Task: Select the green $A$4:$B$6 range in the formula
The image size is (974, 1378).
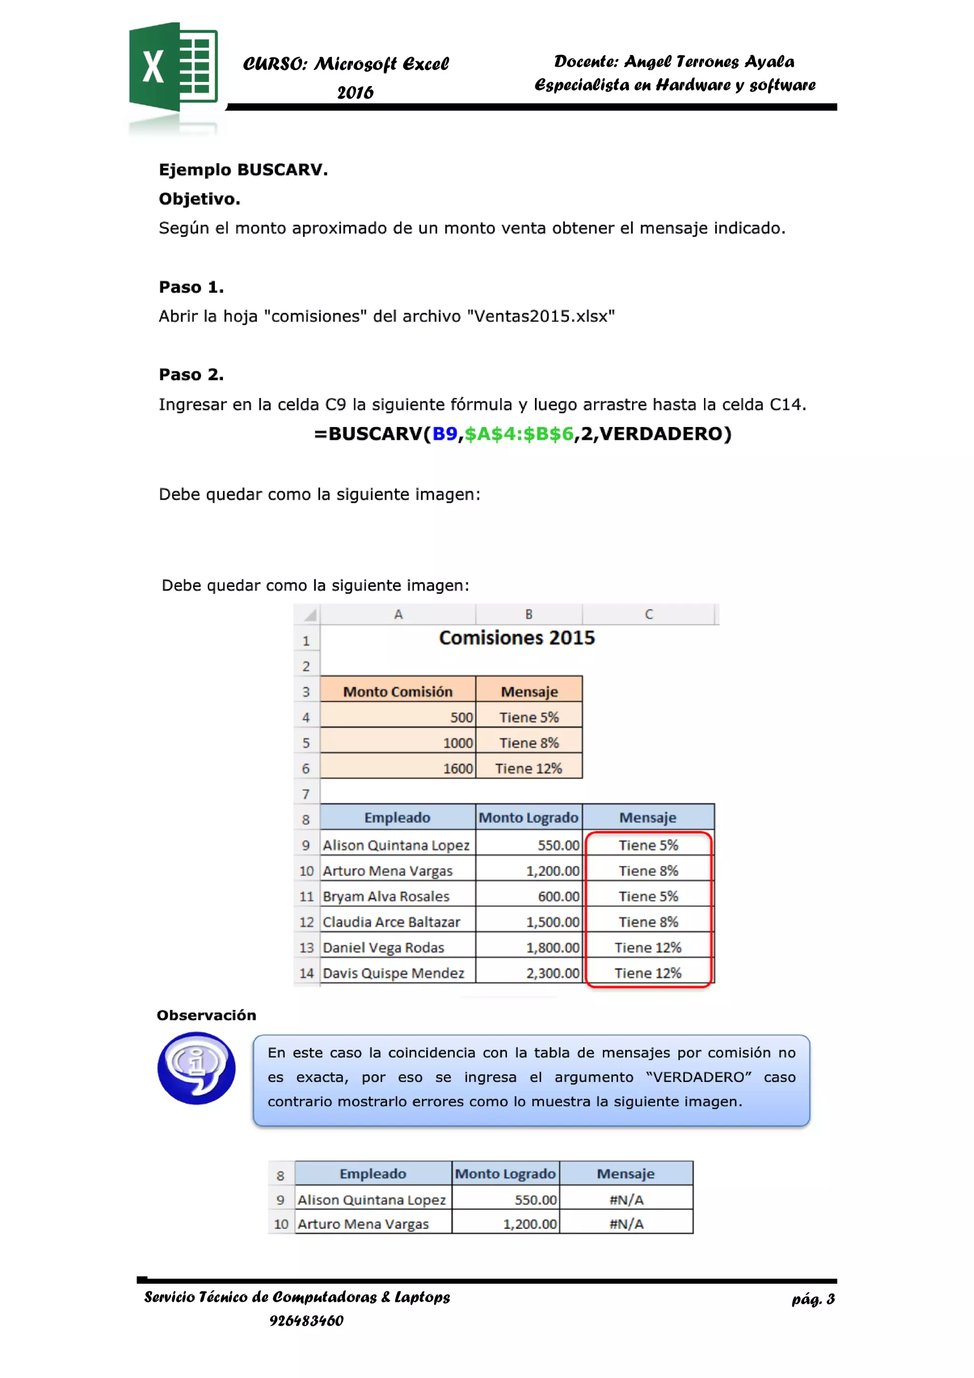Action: point(519,434)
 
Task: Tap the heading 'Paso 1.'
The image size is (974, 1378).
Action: point(191,287)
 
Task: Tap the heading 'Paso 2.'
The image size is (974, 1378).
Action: point(191,375)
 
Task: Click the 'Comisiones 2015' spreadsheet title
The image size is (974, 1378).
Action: point(516,637)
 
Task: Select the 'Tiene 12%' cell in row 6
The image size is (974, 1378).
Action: point(528,769)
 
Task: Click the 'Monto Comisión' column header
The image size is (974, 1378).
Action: point(398,692)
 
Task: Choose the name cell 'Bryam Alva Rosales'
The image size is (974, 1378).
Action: point(386,897)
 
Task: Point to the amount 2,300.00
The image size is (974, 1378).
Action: point(552,973)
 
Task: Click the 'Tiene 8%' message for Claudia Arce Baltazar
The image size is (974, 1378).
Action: point(648,922)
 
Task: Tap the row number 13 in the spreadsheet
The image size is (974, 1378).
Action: point(306,948)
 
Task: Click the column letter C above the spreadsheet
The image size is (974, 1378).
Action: point(649,615)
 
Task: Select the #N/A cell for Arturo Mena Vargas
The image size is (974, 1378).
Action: point(626,1224)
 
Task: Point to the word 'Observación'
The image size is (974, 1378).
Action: point(206,1015)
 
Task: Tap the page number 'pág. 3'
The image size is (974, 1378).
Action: point(813,1299)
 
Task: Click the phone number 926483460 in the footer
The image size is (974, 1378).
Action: point(306,1321)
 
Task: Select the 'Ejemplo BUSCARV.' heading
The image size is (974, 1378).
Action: point(243,170)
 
